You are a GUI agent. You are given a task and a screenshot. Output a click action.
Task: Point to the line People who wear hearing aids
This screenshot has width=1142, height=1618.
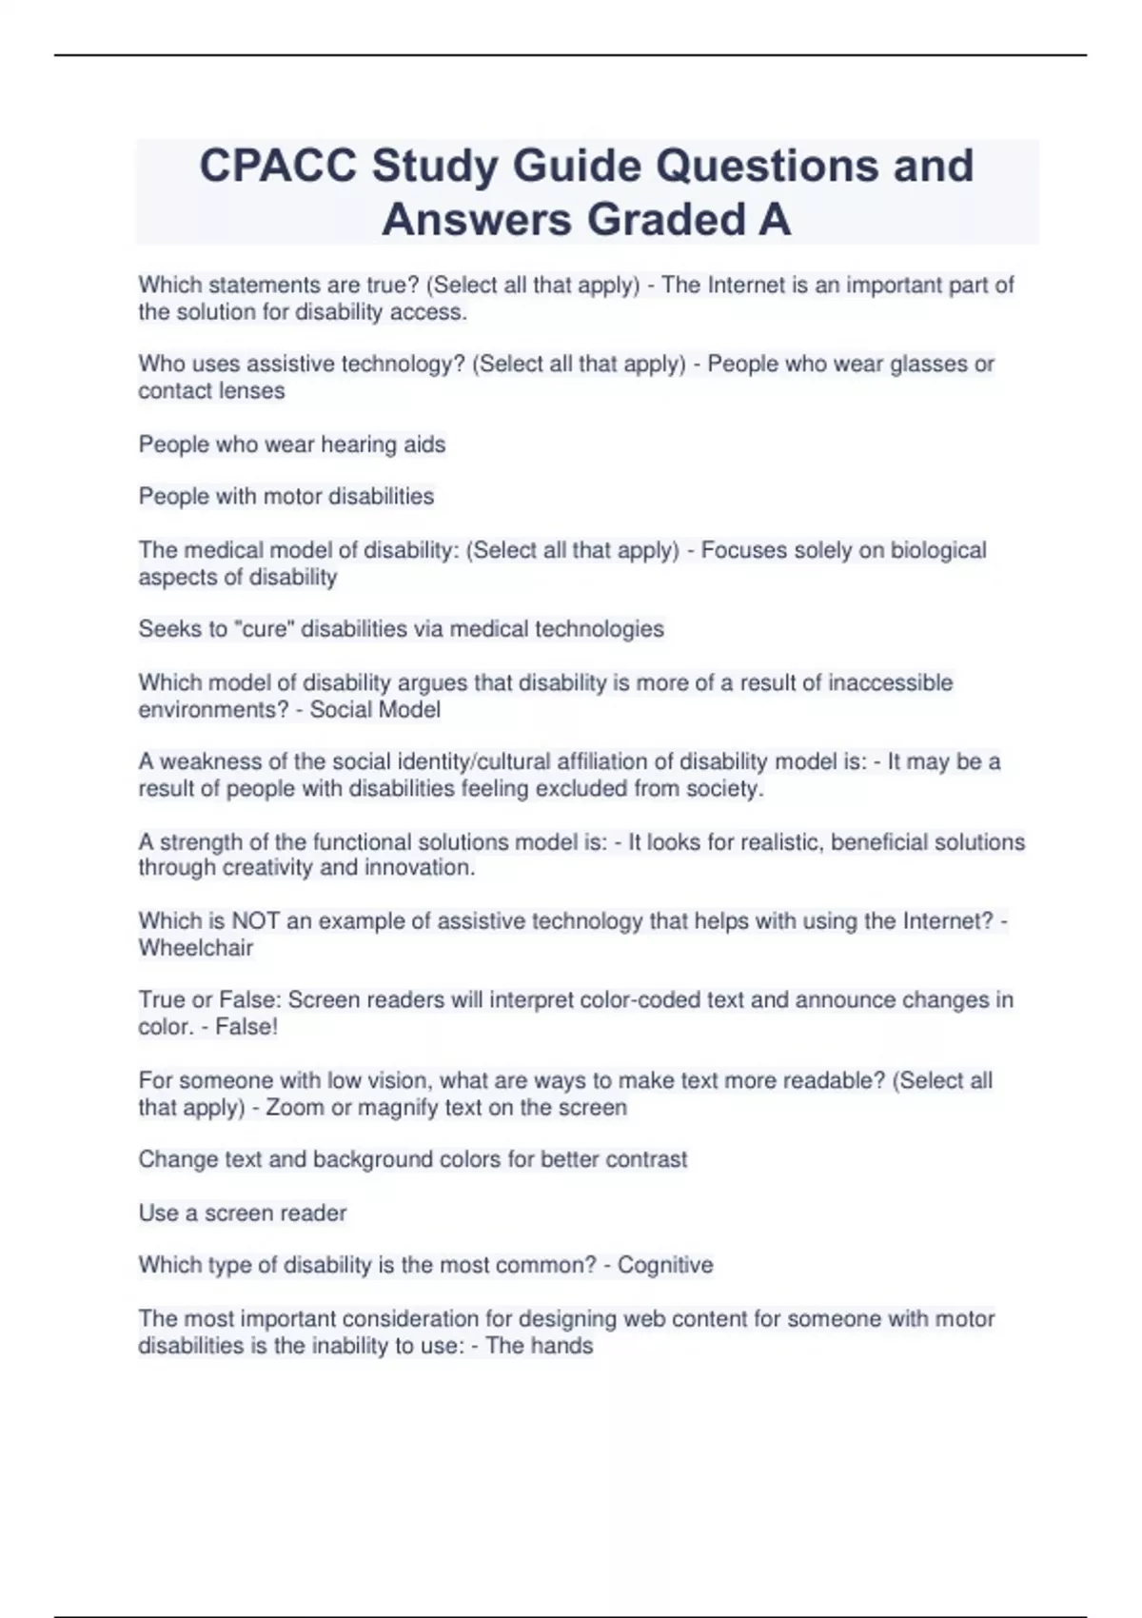tap(291, 444)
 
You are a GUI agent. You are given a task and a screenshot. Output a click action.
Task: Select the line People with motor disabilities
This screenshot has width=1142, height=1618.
tap(285, 497)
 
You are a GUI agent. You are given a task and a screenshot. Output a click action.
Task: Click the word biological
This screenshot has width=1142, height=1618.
tap(938, 551)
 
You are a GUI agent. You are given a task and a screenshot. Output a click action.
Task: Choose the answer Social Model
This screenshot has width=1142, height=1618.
tap(375, 710)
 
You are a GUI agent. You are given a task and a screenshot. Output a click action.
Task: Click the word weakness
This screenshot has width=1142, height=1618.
tap(206, 762)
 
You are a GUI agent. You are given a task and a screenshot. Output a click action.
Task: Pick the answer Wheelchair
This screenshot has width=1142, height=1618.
tap(196, 948)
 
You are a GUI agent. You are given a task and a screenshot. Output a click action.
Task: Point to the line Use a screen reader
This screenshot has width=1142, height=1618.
tap(242, 1213)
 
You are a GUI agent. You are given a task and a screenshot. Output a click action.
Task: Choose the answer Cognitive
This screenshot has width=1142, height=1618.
tap(665, 1266)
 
